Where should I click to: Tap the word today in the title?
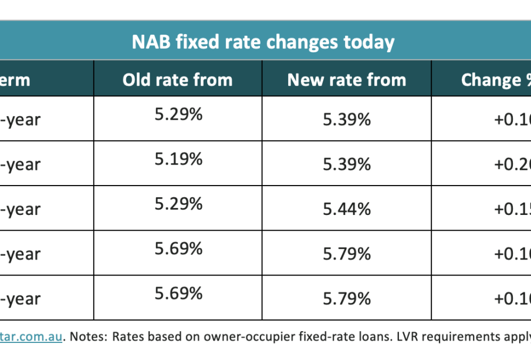click(367, 42)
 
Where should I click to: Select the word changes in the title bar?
click(296, 42)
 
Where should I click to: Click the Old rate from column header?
click(177, 80)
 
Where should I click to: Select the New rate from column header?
click(346, 80)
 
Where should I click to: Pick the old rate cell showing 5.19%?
click(178, 159)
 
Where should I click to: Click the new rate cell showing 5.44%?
click(347, 209)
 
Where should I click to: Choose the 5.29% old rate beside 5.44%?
click(178, 204)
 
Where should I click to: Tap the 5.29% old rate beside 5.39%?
click(178, 115)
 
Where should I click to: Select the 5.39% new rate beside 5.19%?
click(347, 164)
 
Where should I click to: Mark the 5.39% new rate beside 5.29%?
click(347, 120)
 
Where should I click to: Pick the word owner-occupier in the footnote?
click(249, 337)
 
